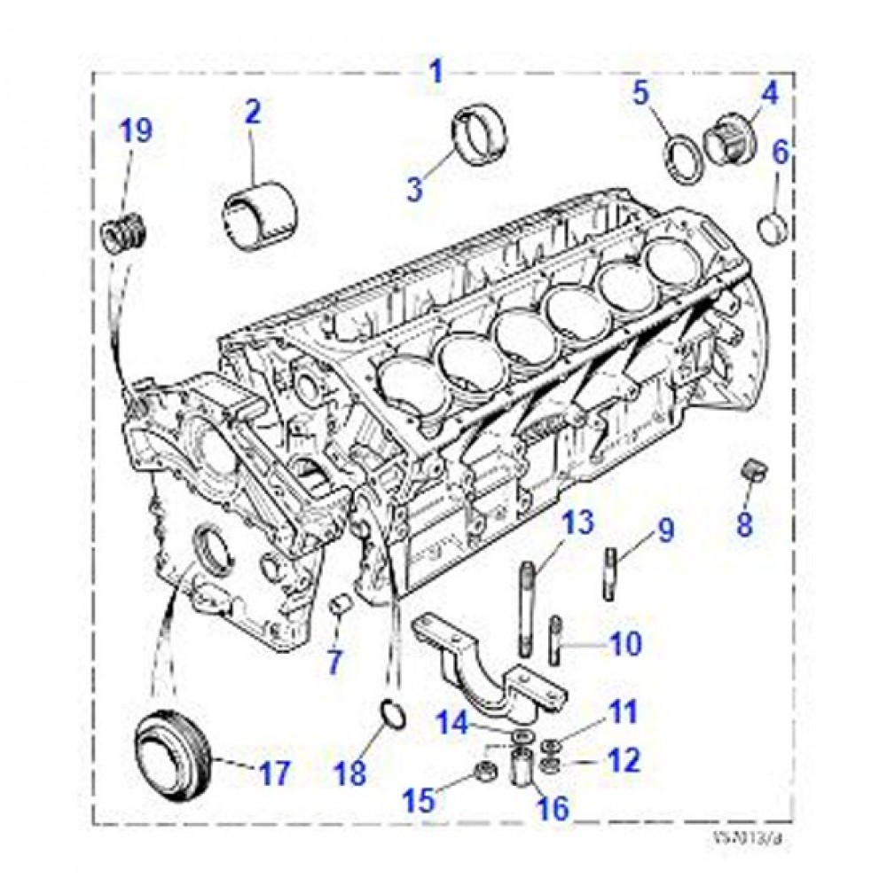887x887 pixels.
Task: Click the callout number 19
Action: [x=137, y=130]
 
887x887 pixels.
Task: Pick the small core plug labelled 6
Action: [x=774, y=228]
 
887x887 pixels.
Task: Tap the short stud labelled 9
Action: [x=612, y=575]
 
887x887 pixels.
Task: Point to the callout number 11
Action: [x=622, y=711]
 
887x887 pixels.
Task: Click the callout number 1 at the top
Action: [x=436, y=70]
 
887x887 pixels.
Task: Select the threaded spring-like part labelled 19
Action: [x=124, y=235]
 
